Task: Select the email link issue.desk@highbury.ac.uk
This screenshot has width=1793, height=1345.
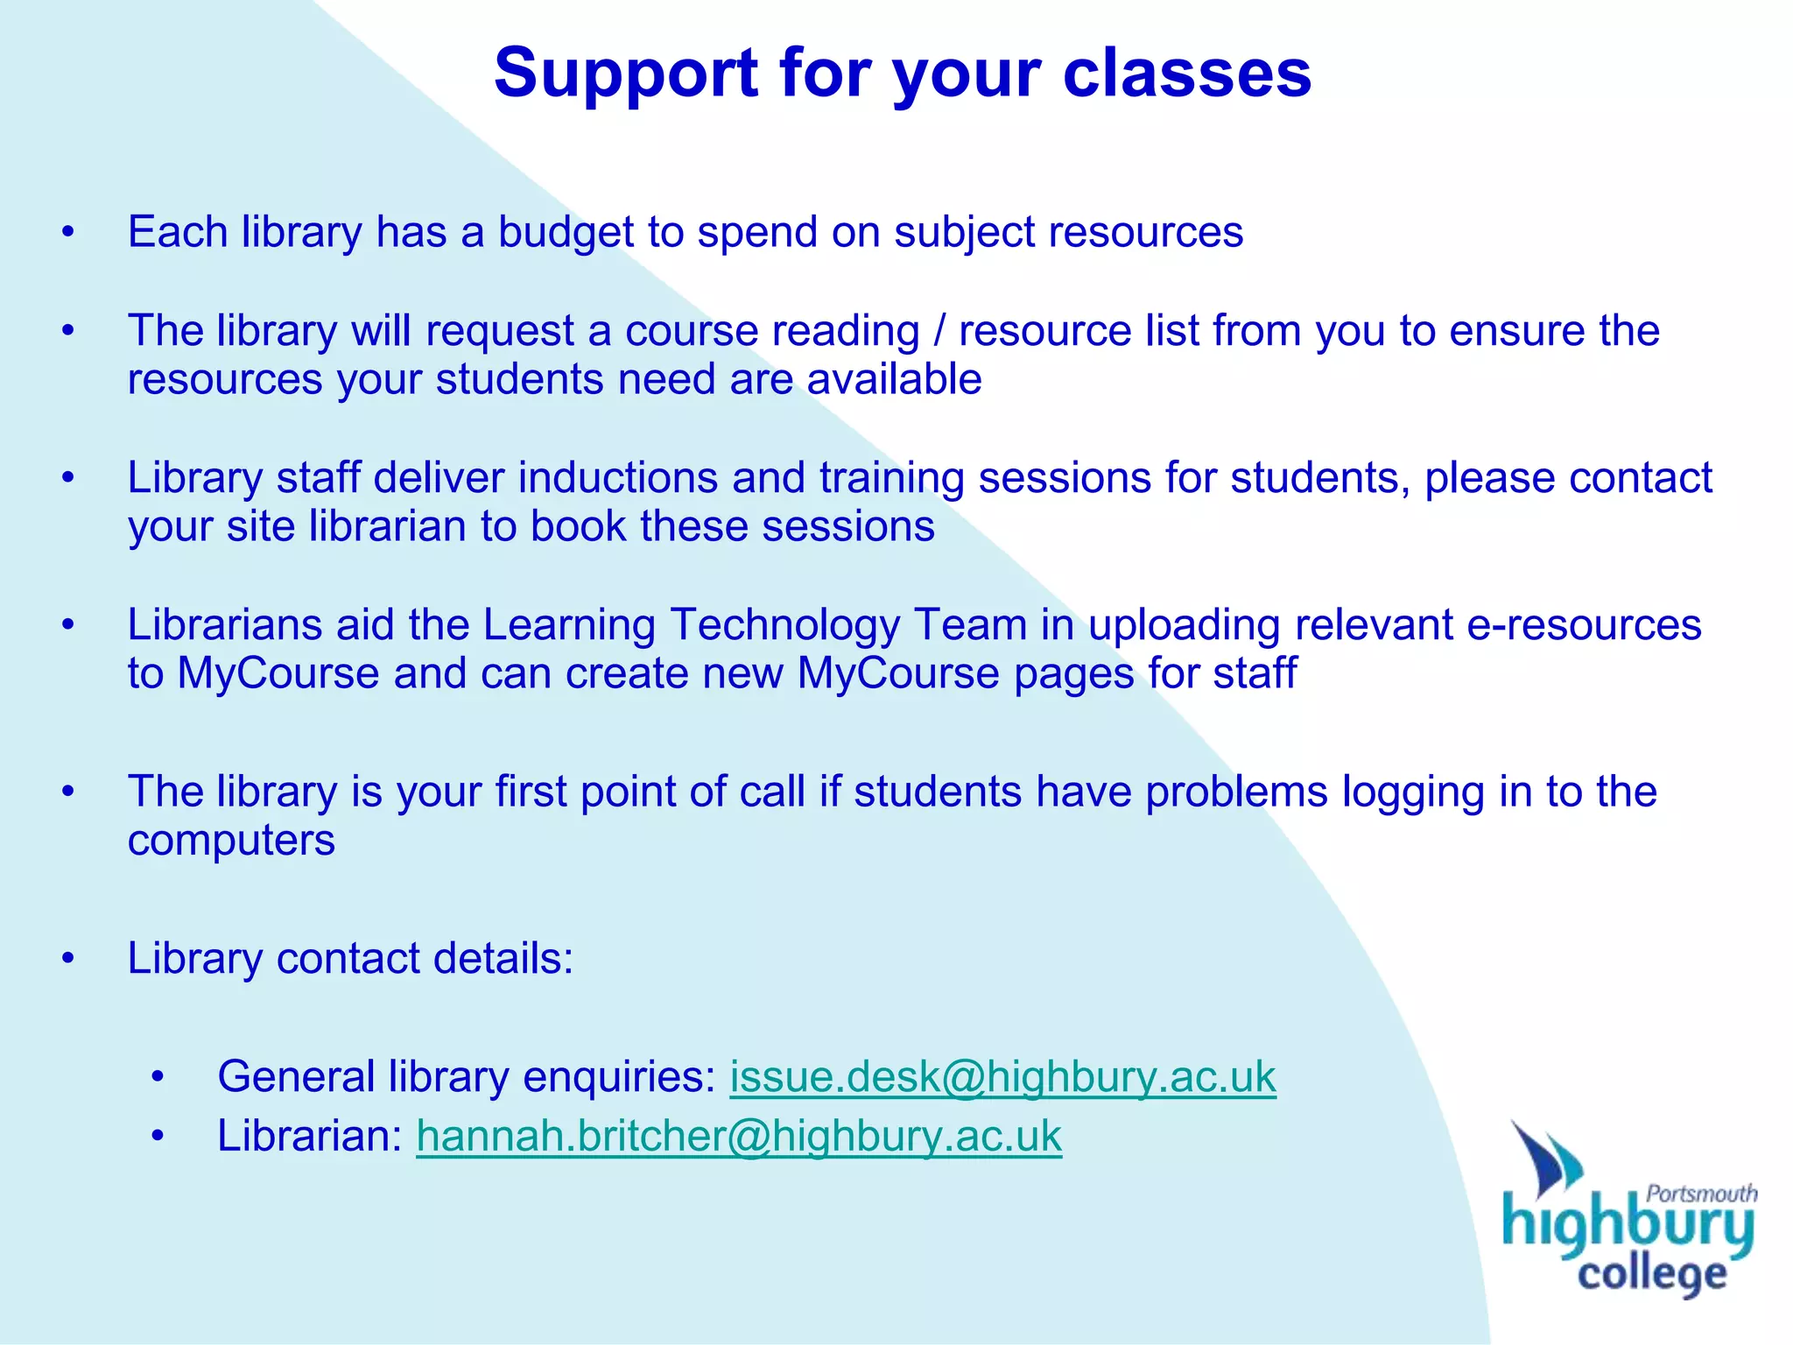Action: click(x=1002, y=1077)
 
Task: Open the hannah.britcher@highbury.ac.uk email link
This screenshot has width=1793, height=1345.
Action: click(x=739, y=1137)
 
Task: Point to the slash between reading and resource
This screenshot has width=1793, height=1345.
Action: click(x=939, y=332)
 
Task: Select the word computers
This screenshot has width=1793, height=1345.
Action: click(x=231, y=842)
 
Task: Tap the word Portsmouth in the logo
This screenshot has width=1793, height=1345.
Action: click(x=1701, y=1193)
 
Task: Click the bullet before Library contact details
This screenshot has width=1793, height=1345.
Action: click(x=68, y=959)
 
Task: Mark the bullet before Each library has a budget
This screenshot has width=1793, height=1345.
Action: click(x=68, y=233)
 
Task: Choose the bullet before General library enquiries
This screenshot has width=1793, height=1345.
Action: click(x=157, y=1077)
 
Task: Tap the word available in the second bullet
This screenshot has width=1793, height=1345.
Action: click(x=894, y=380)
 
